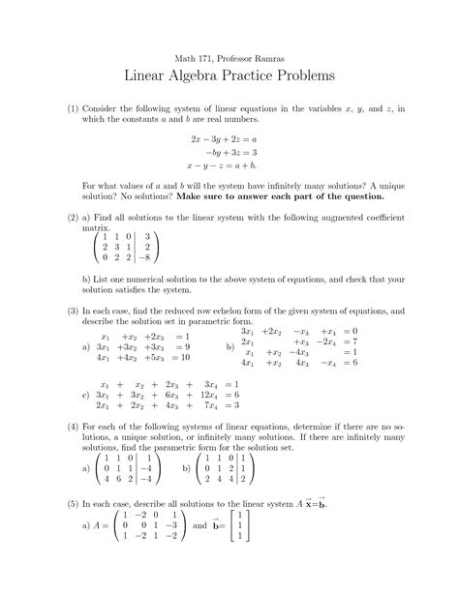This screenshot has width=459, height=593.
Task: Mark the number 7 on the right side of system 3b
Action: (x=355, y=342)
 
